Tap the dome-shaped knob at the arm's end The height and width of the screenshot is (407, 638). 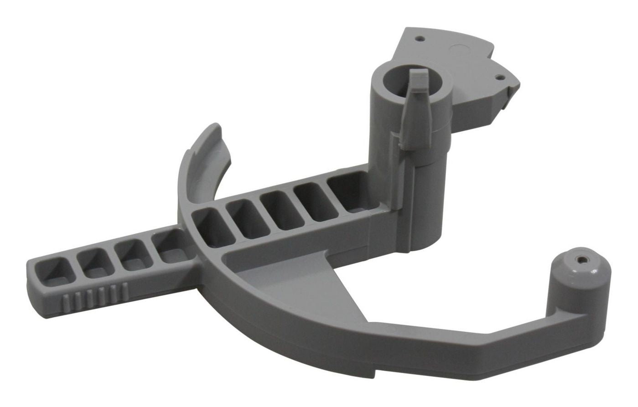(580, 273)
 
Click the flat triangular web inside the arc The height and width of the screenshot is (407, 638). (292, 283)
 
